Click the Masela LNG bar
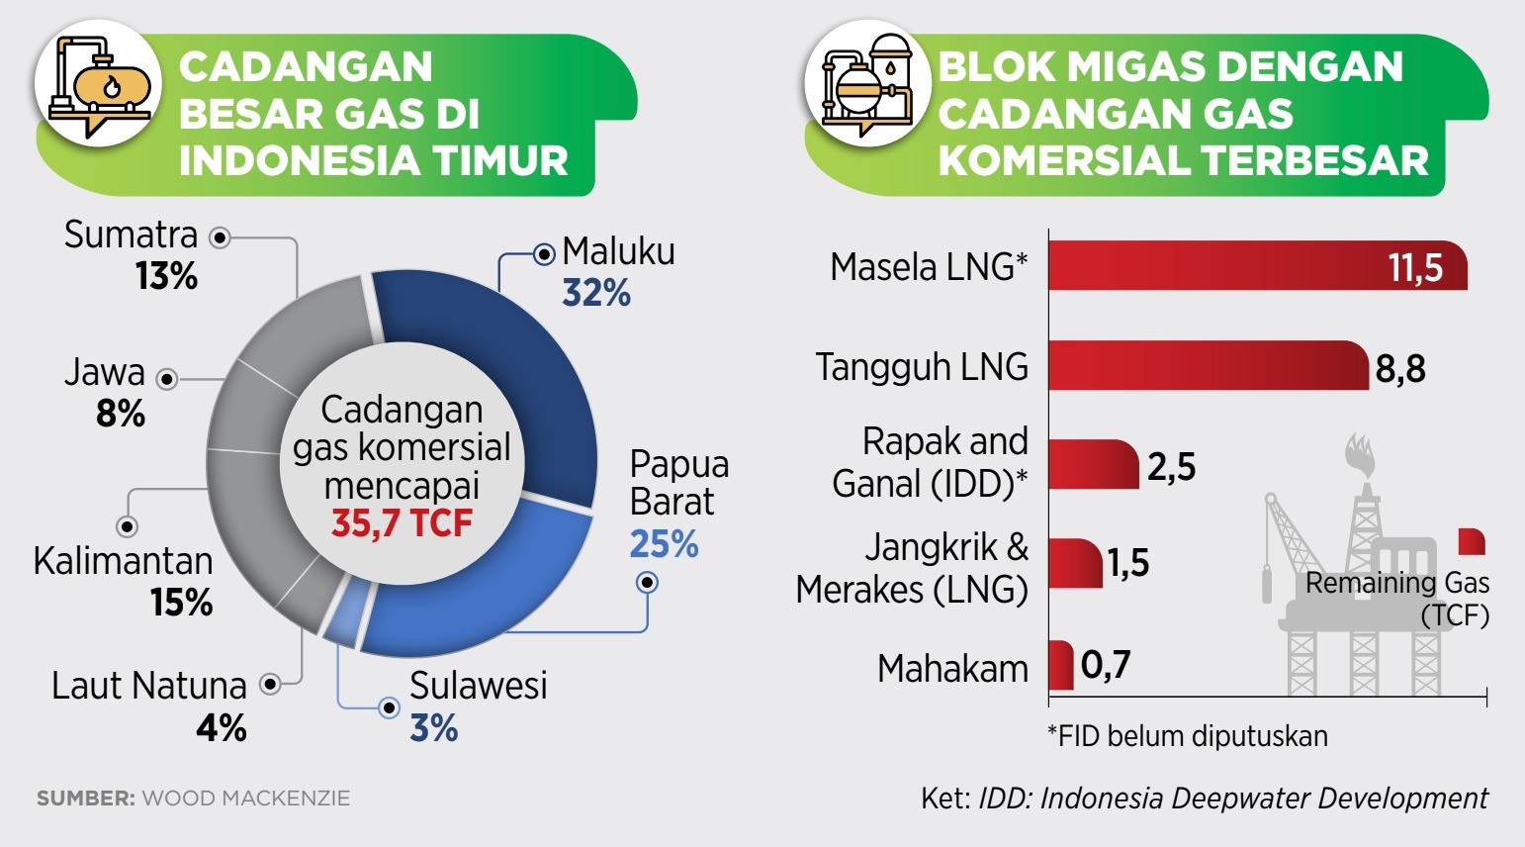(x=1257, y=265)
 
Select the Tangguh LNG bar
(x=1209, y=365)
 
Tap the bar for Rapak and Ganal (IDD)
(x=1094, y=464)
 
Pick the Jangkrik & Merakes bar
(x=1075, y=563)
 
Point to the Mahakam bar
(x=1061, y=664)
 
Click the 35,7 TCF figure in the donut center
(x=402, y=523)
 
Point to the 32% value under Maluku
(x=596, y=294)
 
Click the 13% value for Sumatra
(x=166, y=276)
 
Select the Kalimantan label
(x=124, y=561)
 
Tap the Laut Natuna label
(x=149, y=686)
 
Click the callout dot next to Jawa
(x=167, y=379)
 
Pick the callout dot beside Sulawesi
(x=389, y=708)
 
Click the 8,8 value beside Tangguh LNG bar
(x=1400, y=369)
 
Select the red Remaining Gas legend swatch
(x=1472, y=541)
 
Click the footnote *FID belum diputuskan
(x=1188, y=736)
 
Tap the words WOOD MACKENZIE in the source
(x=246, y=798)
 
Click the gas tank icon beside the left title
(x=99, y=85)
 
